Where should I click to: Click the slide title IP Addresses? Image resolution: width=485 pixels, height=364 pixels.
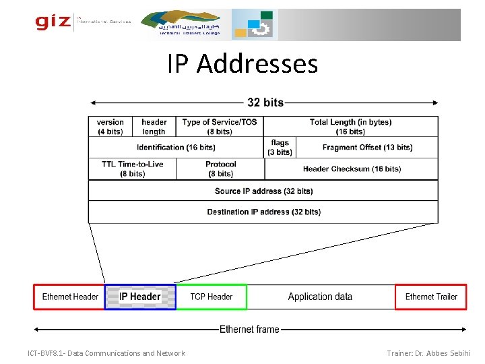click(243, 64)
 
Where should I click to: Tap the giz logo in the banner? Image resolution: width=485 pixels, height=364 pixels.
click(53, 22)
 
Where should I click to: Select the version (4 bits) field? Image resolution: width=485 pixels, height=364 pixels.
click(110, 127)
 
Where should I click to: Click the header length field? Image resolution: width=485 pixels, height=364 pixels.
click(154, 127)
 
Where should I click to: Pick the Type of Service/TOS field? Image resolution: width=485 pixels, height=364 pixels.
click(220, 127)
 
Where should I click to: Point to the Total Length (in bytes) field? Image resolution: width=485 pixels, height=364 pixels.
click(350, 127)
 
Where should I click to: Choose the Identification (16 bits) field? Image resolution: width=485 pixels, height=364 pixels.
click(176, 148)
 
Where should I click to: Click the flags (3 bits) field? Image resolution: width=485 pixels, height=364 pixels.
click(280, 148)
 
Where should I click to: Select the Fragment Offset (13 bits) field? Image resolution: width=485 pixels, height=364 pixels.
click(367, 148)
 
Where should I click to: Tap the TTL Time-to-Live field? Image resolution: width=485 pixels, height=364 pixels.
click(133, 169)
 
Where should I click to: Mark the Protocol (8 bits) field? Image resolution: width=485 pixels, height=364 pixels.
click(220, 169)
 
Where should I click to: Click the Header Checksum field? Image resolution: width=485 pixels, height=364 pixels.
click(352, 169)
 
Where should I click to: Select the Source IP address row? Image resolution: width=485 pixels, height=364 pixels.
click(263, 191)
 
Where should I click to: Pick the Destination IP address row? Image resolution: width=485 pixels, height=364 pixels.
click(263, 212)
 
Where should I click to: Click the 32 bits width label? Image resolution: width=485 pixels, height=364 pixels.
click(265, 102)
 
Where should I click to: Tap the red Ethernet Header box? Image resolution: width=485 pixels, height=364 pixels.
click(70, 297)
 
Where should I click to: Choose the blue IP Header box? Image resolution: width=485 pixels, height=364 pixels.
click(140, 297)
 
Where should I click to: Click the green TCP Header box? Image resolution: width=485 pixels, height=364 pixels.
click(212, 297)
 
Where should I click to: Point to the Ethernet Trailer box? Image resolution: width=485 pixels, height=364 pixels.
click(431, 297)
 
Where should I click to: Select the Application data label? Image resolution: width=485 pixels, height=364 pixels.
click(320, 297)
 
